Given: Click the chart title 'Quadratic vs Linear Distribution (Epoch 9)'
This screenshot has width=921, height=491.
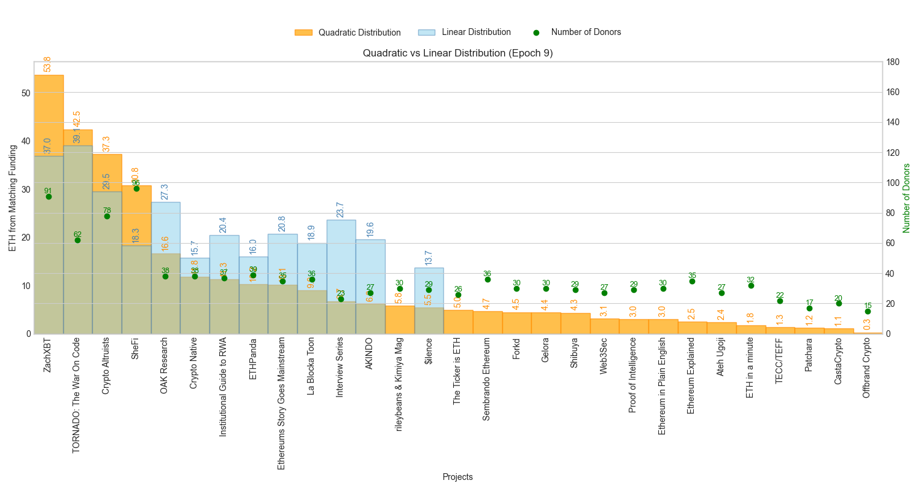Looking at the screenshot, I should (x=457, y=53).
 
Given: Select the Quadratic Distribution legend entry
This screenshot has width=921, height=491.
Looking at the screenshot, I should (x=348, y=33).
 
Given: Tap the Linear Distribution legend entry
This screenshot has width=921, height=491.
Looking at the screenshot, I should (x=464, y=33).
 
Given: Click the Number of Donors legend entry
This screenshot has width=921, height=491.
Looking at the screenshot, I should (x=577, y=33).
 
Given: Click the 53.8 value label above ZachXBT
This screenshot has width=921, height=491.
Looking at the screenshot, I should (x=48, y=64).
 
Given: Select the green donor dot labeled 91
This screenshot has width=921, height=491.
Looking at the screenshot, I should (x=49, y=196).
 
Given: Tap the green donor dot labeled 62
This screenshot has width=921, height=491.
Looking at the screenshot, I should (x=77, y=240).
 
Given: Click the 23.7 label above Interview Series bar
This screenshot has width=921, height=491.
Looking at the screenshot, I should (x=340, y=209).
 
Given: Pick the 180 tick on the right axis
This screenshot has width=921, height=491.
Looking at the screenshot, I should (x=893, y=62).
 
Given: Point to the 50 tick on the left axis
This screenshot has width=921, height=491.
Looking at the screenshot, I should (x=26, y=93).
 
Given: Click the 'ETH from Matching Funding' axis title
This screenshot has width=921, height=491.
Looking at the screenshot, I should (x=13, y=198).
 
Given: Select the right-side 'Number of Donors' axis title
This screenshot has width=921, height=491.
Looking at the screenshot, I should (x=906, y=198).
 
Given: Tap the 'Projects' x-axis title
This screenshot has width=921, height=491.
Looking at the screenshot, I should (x=457, y=477).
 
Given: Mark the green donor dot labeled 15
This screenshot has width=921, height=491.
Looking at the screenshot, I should (x=868, y=311).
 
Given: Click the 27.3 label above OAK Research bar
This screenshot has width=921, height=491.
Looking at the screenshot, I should (x=165, y=192).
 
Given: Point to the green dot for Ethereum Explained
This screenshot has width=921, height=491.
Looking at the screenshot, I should (x=692, y=281).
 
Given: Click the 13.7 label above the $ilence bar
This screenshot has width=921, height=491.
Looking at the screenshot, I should (x=429, y=258).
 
